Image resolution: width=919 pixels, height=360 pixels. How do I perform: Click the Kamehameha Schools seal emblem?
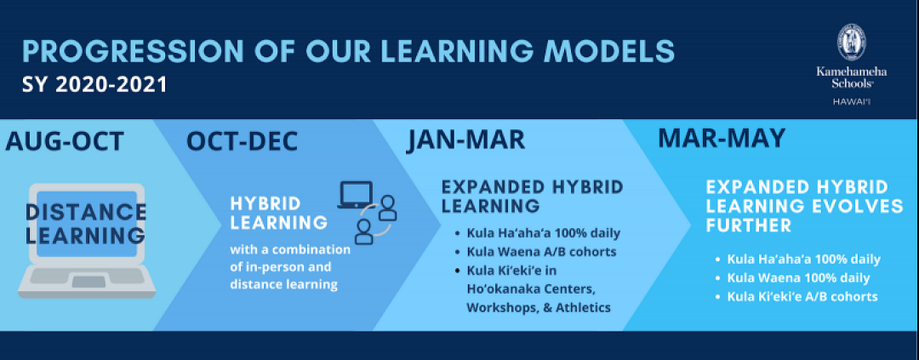(x=851, y=43)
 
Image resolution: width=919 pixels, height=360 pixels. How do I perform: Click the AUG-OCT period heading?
(x=65, y=141)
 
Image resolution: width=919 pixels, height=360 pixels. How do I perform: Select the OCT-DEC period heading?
(x=242, y=141)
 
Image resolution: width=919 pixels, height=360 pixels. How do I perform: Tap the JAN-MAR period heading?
(x=465, y=141)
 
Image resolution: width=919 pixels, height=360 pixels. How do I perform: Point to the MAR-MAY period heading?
(x=721, y=138)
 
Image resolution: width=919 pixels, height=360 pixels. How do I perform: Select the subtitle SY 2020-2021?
(x=95, y=84)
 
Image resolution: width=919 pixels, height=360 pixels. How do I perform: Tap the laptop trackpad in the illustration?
(x=88, y=282)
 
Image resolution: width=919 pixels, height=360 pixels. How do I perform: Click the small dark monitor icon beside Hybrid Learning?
(x=355, y=195)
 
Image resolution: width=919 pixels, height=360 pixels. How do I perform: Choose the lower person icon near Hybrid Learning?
(x=364, y=231)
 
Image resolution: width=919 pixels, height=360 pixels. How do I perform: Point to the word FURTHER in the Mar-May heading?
(x=749, y=225)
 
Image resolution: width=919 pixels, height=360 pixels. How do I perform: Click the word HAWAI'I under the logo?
(x=852, y=102)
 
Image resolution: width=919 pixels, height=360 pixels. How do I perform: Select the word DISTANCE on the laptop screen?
(x=86, y=212)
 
